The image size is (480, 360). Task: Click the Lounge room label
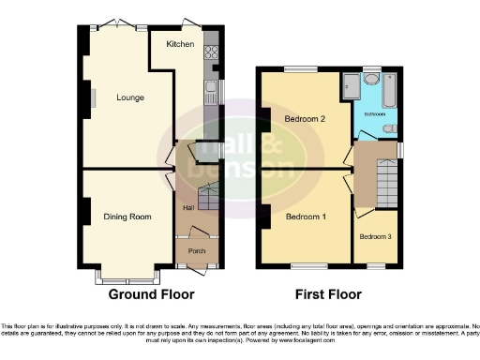130,97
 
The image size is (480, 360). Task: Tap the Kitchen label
180,44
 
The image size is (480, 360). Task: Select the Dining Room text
127,217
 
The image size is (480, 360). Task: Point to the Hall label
188,207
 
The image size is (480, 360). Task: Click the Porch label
197,251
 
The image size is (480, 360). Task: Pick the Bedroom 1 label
306,217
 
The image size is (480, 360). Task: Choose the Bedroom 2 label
306,119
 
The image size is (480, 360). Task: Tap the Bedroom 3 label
375,235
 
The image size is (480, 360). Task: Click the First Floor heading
328,294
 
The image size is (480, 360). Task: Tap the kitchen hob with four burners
210,53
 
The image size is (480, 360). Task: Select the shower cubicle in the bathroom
353,84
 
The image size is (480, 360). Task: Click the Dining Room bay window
127,278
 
